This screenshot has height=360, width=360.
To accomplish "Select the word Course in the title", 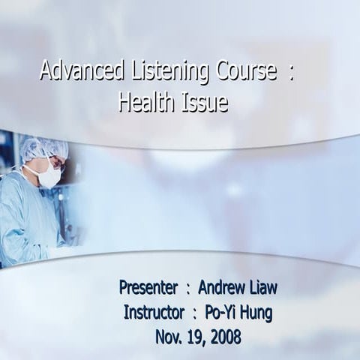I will tap(242, 73).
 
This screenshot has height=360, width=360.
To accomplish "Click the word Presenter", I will tap(148, 287).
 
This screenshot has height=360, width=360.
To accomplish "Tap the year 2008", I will tap(224, 337).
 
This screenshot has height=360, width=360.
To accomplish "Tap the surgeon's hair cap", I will tap(42, 148).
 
